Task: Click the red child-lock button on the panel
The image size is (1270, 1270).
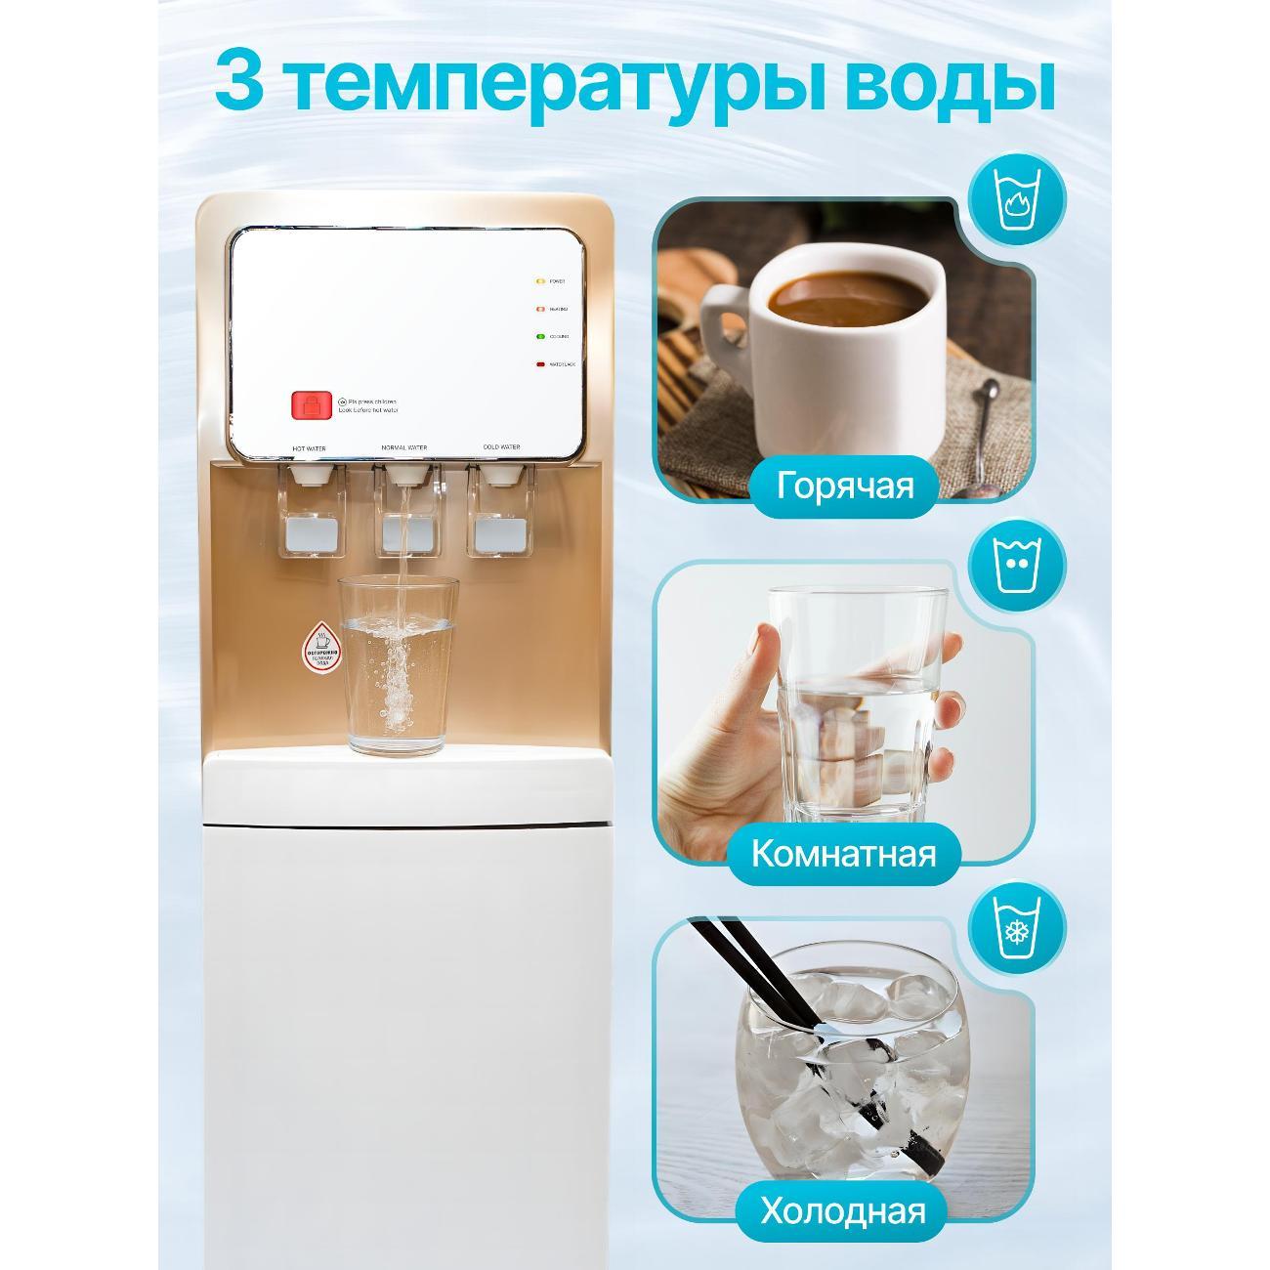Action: click(306, 404)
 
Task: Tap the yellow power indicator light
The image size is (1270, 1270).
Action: click(539, 281)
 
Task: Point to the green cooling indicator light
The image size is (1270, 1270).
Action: click(539, 337)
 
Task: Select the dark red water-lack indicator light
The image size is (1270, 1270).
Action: click(539, 364)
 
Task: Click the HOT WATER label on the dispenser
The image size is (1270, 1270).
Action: click(309, 449)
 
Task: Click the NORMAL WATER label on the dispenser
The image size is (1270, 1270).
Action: click(404, 448)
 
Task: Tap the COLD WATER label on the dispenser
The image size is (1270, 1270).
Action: click(501, 447)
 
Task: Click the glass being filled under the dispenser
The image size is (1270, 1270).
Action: click(398, 664)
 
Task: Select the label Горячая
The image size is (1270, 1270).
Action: click(845, 486)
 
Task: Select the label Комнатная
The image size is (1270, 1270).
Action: click(843, 854)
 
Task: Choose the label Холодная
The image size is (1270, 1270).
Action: click(842, 1212)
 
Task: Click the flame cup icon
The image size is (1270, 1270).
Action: click(1017, 199)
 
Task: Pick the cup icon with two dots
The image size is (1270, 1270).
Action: click(1017, 566)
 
